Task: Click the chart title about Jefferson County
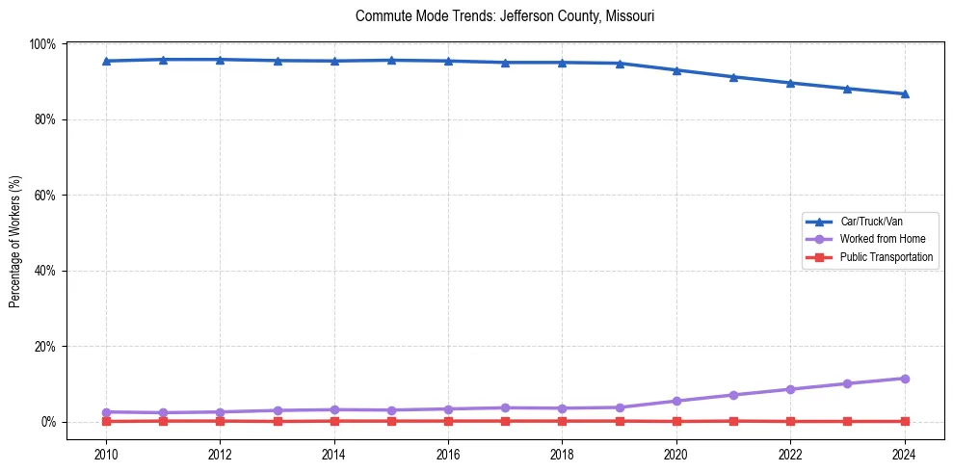click(x=505, y=16)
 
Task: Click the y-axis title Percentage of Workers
click(x=15, y=242)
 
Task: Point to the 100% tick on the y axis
click(x=42, y=44)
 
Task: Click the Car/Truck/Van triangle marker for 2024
click(x=904, y=93)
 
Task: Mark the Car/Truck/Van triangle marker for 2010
click(x=106, y=61)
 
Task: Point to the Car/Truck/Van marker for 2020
click(x=676, y=70)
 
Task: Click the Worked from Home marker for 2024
click(x=904, y=379)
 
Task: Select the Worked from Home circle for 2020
click(x=676, y=401)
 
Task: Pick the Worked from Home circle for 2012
click(x=220, y=412)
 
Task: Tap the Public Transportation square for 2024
click(x=904, y=421)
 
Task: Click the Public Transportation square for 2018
click(x=562, y=421)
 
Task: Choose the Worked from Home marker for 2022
click(x=790, y=389)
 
